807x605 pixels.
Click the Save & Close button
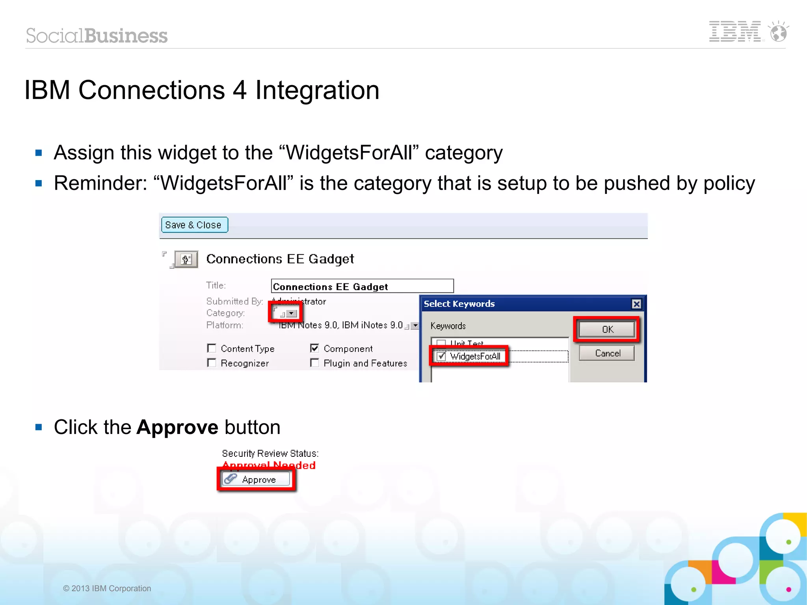point(194,225)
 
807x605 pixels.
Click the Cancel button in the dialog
point(607,353)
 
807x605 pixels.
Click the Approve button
point(256,479)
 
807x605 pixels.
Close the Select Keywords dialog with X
point(636,304)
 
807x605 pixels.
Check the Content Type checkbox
point(212,348)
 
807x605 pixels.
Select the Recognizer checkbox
point(212,363)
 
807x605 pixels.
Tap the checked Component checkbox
point(314,348)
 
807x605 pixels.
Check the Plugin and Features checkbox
point(314,363)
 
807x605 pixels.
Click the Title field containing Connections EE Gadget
point(362,286)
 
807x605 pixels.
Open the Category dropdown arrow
point(292,314)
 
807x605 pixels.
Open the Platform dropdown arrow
point(415,326)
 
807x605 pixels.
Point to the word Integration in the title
point(317,90)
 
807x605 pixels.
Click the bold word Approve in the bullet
point(177,427)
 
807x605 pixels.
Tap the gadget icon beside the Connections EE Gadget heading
point(186,259)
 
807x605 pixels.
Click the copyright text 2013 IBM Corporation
point(107,588)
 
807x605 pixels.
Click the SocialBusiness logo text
point(97,35)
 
